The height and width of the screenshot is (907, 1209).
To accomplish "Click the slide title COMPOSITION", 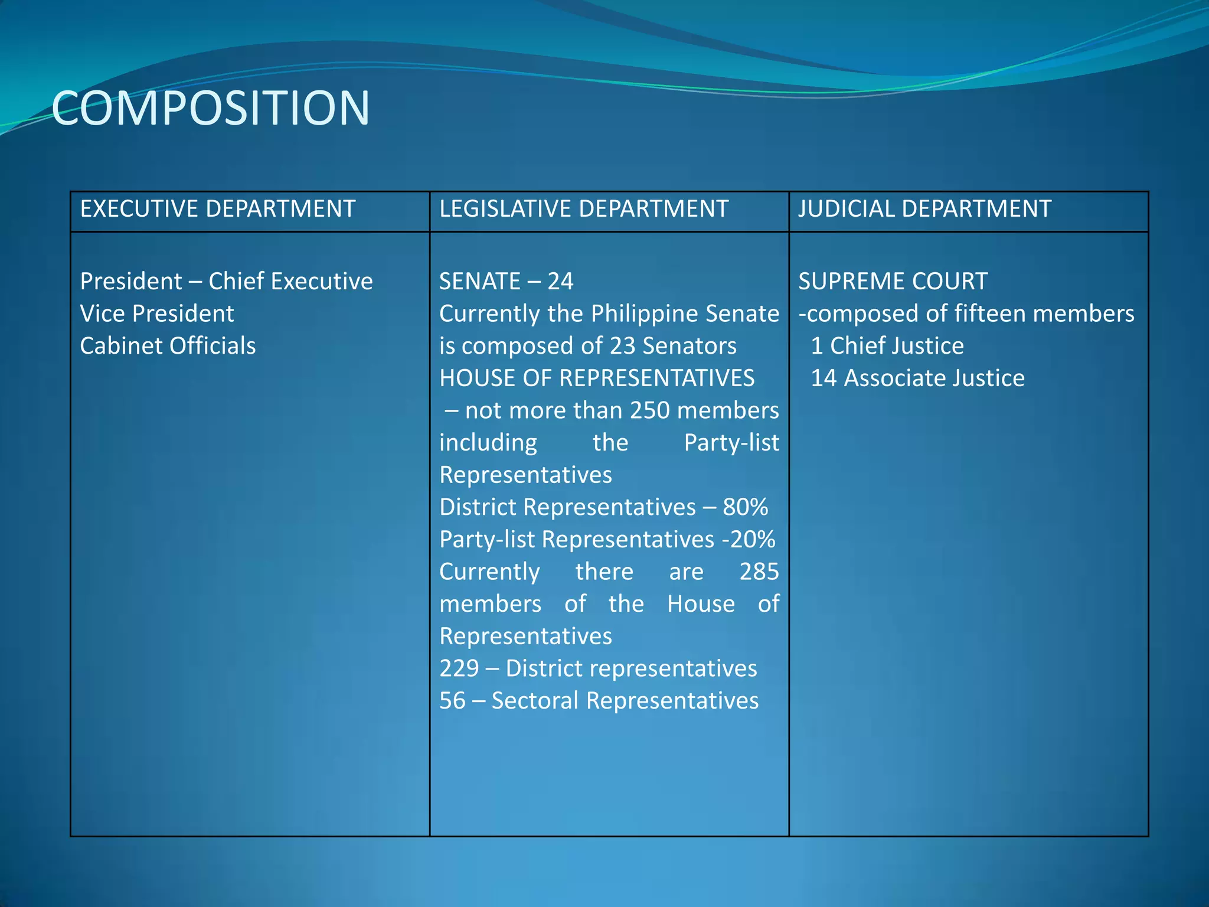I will pyautogui.click(x=211, y=108).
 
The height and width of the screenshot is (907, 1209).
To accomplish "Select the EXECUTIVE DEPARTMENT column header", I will pyautogui.click(x=218, y=209).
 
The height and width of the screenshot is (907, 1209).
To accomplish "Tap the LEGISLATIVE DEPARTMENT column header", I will pyautogui.click(x=584, y=209).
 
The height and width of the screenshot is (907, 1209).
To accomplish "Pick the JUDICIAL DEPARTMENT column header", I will pyautogui.click(x=924, y=209).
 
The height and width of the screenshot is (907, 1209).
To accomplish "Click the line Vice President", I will pyautogui.click(x=157, y=314).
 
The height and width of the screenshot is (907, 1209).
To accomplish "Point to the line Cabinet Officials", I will pyautogui.click(x=168, y=346).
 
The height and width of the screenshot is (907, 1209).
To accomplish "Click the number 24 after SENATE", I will pyautogui.click(x=560, y=282).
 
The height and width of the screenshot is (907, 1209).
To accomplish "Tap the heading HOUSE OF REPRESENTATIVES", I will pyautogui.click(x=597, y=378).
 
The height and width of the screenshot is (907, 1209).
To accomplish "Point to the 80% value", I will pyautogui.click(x=745, y=507).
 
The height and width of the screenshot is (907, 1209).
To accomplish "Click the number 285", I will pyautogui.click(x=759, y=572).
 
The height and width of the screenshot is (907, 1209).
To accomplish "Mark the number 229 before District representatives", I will pyautogui.click(x=459, y=668).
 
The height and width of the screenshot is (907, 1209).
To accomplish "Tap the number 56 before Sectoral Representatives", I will pyautogui.click(x=452, y=701).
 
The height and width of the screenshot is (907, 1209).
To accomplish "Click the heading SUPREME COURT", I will pyautogui.click(x=893, y=282).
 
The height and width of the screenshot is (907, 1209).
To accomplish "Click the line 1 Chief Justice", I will pyautogui.click(x=887, y=346).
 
